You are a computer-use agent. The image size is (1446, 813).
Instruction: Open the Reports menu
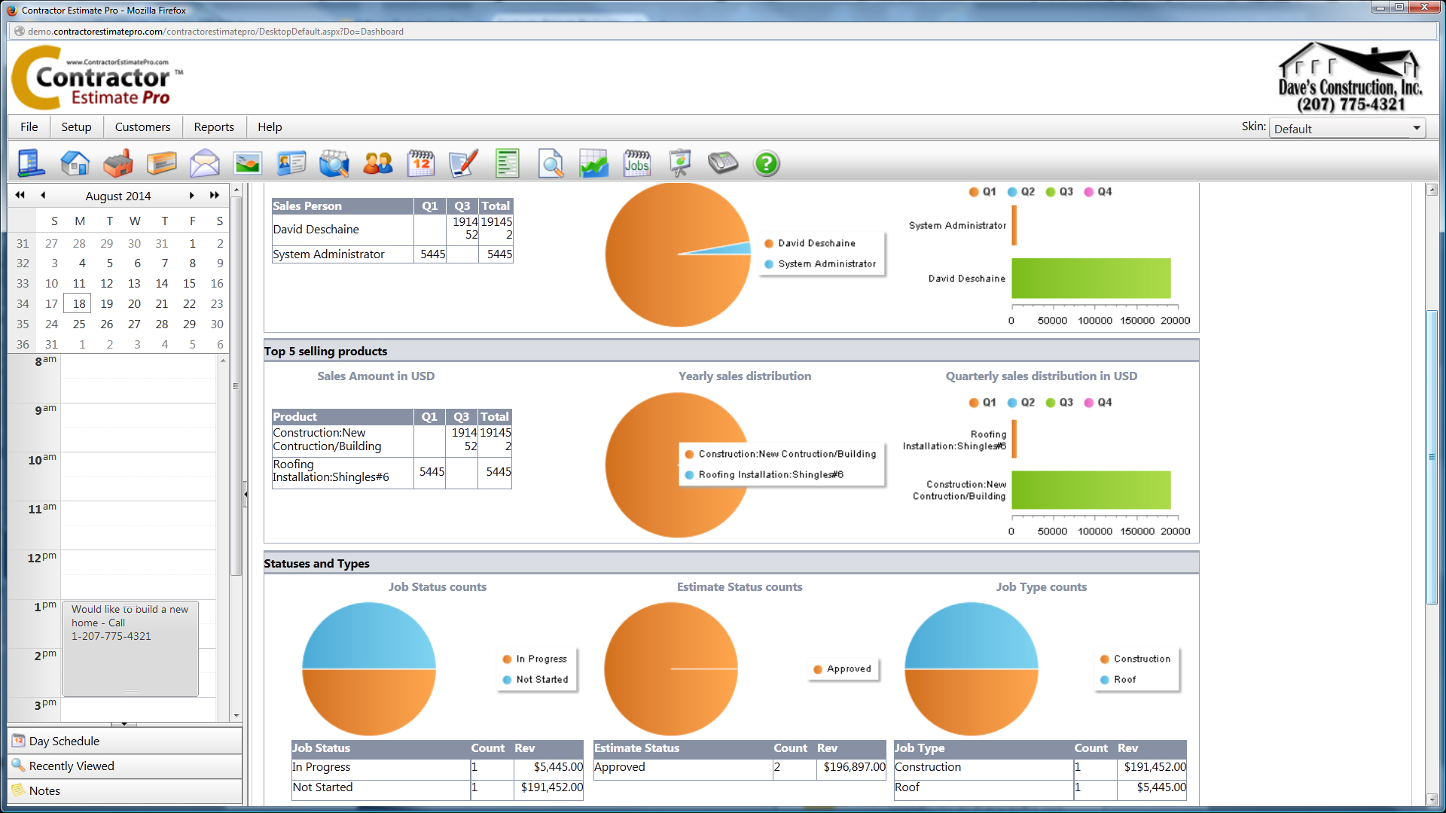click(x=214, y=127)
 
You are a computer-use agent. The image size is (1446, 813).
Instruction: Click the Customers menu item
click(x=142, y=127)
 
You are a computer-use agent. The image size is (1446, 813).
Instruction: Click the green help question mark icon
click(x=766, y=163)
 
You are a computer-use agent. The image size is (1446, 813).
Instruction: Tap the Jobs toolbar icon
click(x=636, y=163)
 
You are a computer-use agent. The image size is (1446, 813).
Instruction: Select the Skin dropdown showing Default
click(x=1346, y=129)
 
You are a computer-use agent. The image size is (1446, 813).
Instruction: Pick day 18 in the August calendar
click(x=79, y=303)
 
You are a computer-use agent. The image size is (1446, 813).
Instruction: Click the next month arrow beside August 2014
click(x=191, y=196)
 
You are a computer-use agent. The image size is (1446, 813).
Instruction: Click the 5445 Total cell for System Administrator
click(x=499, y=254)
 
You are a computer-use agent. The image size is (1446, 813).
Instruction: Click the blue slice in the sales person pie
click(x=734, y=249)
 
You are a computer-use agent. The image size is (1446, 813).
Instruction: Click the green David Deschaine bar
click(x=1091, y=279)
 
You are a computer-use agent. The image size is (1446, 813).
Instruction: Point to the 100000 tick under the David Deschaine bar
click(x=1094, y=320)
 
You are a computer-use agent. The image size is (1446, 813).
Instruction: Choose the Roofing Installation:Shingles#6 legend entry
click(x=770, y=475)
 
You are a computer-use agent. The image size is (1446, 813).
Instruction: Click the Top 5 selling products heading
click(x=325, y=352)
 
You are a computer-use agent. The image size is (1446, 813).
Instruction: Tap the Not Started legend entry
click(x=541, y=680)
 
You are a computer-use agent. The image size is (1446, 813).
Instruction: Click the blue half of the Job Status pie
click(x=369, y=636)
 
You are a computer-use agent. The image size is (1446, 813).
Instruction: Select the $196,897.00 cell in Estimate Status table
click(x=853, y=767)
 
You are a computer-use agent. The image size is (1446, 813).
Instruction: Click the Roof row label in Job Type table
click(x=907, y=787)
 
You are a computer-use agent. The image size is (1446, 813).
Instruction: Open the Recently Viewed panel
click(x=72, y=766)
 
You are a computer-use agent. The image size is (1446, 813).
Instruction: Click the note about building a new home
click(x=130, y=623)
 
